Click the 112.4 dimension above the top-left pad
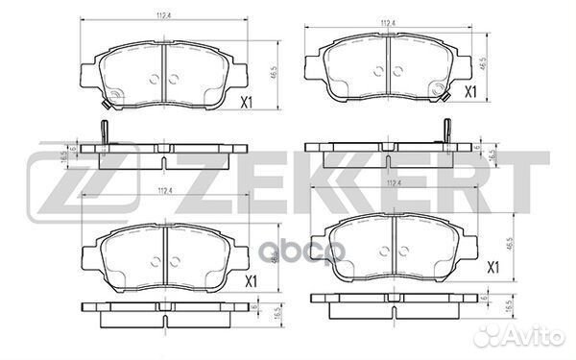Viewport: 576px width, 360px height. (x=164, y=14)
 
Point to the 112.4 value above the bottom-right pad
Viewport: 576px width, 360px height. (x=391, y=182)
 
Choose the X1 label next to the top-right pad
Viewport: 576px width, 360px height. (x=470, y=92)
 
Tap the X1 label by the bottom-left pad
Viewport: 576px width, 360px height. (x=252, y=281)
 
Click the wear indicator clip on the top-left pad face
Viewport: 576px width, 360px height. (x=111, y=95)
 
